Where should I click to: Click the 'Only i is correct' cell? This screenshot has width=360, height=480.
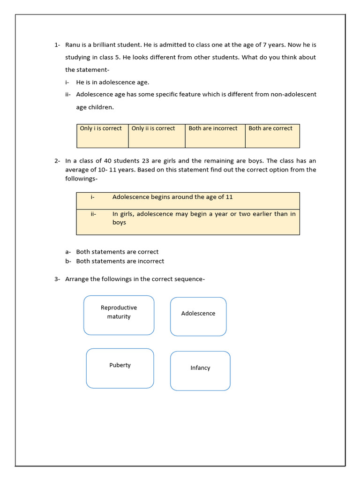(102, 135)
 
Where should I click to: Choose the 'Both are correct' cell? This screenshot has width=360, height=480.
(272, 135)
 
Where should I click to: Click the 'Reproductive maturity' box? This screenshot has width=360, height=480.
(119, 315)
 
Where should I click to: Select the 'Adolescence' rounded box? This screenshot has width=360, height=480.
(198, 316)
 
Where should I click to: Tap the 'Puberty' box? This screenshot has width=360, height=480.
(120, 368)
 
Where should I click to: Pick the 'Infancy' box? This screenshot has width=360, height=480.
(200, 371)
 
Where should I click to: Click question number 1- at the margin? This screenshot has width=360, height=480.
(57, 45)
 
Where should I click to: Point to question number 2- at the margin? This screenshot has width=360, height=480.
(57, 161)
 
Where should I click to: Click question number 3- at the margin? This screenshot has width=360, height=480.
(57, 279)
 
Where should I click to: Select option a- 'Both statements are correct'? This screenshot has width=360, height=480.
(117, 252)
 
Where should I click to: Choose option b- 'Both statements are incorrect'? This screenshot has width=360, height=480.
(120, 261)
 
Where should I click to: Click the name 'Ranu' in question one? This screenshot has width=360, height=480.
(73, 45)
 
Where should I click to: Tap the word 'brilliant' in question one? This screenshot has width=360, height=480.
(109, 45)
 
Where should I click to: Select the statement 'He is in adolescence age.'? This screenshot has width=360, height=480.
(112, 82)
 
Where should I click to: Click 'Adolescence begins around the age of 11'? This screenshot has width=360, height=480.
(172, 197)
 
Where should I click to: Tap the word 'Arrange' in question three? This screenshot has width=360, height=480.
(76, 279)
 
